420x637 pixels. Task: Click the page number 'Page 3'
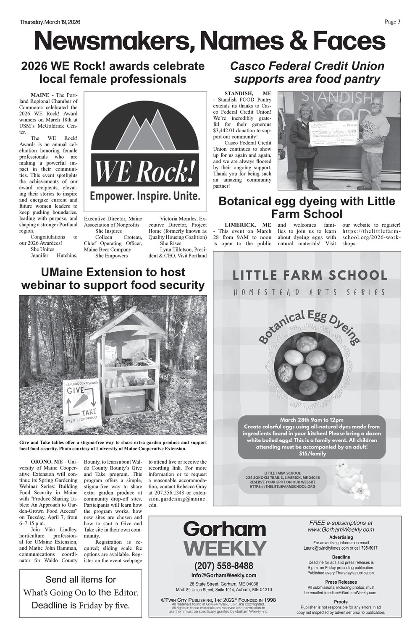pyautogui.click(x=393, y=22)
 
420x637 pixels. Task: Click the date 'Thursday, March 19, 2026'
pyautogui.click(x=50, y=22)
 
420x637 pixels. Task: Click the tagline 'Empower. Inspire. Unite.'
pyautogui.click(x=145, y=196)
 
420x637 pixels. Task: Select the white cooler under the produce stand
pyautogui.click(x=125, y=402)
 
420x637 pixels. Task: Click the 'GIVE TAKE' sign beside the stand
pyautogui.click(x=82, y=403)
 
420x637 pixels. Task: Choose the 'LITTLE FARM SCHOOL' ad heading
pyautogui.click(x=310, y=275)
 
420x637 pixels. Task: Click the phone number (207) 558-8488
pyautogui.click(x=224, y=566)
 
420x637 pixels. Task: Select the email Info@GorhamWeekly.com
pyautogui.click(x=224, y=575)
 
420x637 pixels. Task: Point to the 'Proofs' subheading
pyautogui.click(x=341, y=602)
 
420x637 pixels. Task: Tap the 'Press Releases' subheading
pyautogui.click(x=341, y=582)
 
